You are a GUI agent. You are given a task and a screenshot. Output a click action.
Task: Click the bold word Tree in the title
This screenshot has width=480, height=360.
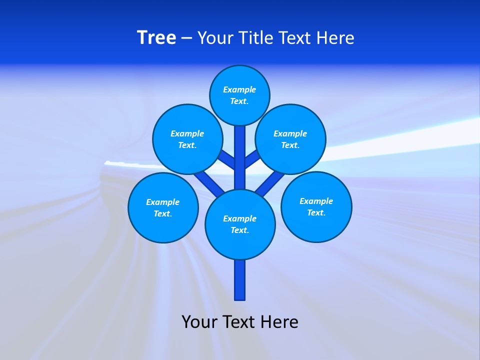156,37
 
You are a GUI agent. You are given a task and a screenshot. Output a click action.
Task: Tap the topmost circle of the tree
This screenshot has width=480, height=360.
239,95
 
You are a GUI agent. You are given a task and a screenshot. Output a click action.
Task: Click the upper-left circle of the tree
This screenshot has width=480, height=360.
187,139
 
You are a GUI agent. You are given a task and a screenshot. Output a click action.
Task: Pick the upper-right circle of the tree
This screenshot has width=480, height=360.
290,139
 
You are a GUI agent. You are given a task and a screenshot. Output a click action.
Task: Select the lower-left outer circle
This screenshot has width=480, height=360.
163,207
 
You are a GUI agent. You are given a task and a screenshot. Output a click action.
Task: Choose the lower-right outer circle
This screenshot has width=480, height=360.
316,206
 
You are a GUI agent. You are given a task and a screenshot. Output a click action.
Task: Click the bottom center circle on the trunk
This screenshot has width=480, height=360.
240,224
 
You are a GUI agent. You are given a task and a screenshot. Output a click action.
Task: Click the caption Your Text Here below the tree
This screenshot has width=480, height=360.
240,321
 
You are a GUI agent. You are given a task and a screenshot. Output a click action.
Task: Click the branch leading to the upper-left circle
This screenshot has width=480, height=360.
227,159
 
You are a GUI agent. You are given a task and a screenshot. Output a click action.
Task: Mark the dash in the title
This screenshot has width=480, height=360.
186,37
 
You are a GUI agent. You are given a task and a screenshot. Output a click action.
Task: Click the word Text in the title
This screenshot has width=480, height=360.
296,37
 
